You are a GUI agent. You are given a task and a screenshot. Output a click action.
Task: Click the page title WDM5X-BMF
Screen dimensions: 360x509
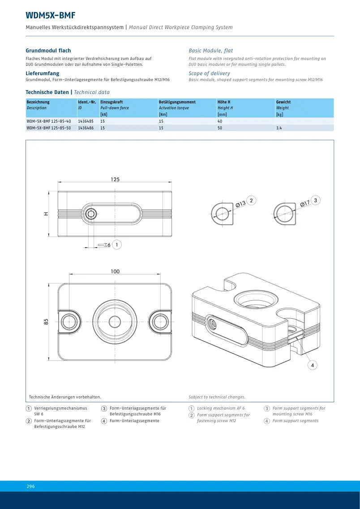[51, 15]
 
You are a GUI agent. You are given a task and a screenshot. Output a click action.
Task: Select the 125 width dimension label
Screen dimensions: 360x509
[115, 179]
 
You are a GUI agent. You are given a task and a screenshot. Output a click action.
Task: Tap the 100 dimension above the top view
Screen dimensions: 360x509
[115, 271]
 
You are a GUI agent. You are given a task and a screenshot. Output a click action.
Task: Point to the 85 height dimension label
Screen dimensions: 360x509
[47, 322]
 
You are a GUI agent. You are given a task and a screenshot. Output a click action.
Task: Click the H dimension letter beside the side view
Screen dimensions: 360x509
[46, 214]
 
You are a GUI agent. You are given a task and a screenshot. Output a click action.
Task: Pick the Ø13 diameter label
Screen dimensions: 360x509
[240, 204]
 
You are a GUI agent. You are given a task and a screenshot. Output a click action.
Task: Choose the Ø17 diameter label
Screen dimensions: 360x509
[305, 204]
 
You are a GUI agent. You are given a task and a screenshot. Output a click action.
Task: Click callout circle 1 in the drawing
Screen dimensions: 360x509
[117, 245]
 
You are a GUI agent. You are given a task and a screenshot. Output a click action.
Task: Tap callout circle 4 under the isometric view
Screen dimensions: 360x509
[312, 365]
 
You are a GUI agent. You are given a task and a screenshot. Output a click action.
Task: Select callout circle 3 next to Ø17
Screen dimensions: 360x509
[316, 200]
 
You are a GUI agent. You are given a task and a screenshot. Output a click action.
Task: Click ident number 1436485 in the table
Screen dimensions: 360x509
[86, 121]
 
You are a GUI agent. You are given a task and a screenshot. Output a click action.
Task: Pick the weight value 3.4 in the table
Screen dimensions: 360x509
[279, 128]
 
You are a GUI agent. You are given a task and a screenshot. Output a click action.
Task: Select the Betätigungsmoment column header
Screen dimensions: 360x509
[177, 102]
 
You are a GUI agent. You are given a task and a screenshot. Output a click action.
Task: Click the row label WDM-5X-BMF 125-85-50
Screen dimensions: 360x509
[49, 128]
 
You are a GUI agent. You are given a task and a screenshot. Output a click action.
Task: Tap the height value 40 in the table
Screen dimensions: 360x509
[220, 121]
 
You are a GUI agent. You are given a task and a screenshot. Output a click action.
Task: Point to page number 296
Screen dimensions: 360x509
[30, 486]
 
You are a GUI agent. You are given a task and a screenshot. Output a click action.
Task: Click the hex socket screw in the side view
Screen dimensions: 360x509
[90, 214]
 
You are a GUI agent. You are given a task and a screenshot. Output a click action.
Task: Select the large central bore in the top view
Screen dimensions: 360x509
[115, 319]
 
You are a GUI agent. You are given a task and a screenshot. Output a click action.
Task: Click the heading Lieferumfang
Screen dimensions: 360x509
[43, 73]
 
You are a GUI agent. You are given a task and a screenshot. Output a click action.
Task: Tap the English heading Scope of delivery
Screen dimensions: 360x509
[210, 73]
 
